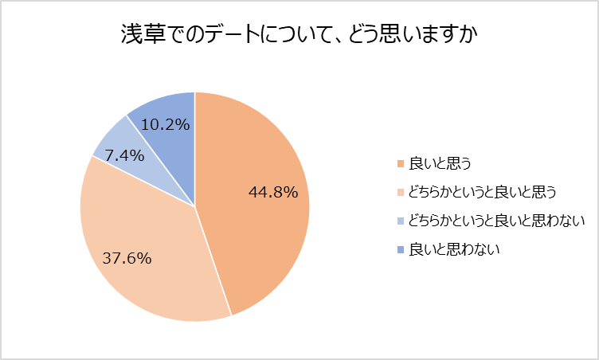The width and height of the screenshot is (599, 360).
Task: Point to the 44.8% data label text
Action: (x=273, y=192)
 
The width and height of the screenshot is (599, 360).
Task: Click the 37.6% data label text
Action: (x=127, y=258)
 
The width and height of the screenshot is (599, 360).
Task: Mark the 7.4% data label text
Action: (x=123, y=156)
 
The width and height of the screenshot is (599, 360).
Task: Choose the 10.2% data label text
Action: (x=166, y=124)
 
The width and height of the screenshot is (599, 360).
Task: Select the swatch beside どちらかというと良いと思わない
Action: (x=401, y=221)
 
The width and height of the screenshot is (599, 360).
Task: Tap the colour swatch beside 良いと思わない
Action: (x=401, y=250)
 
